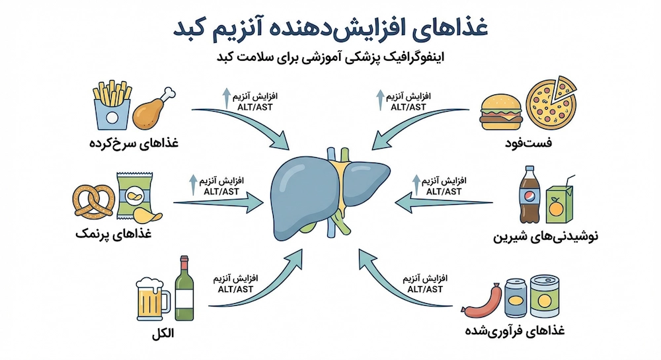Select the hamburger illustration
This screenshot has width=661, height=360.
(x=501, y=112)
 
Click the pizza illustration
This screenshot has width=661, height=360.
(x=552, y=103)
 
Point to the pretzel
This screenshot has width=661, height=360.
(x=94, y=201)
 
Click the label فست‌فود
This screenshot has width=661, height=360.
(x=528, y=143)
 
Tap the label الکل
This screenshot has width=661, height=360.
(x=163, y=334)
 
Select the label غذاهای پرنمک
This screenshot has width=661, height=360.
(x=114, y=234)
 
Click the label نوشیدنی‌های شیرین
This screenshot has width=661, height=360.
(x=545, y=236)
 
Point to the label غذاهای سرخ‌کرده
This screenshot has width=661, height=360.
(x=134, y=143)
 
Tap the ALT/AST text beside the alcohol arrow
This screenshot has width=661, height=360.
(x=235, y=289)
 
